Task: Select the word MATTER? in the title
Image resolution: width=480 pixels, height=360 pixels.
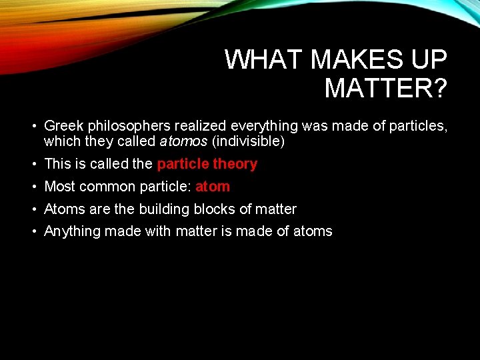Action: (385, 87)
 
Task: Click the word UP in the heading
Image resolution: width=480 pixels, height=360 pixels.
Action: (429, 60)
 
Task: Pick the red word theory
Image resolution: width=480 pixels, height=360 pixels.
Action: (235, 164)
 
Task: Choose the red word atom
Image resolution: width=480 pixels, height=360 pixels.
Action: (213, 187)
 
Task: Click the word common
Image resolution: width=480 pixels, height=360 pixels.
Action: (103, 187)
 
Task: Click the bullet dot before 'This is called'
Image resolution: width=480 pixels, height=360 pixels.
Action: (33, 165)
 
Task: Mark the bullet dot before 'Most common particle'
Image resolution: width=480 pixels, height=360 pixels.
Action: (33, 187)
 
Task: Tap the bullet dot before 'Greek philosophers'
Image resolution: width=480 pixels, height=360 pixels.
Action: (33, 126)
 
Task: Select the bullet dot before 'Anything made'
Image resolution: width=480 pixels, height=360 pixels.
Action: (33, 232)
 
